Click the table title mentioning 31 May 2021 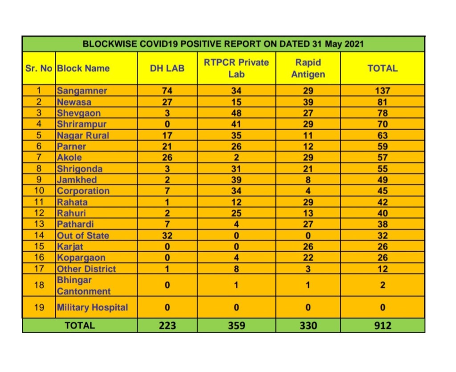pyautogui.click(x=223, y=44)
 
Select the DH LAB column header pyautogui.click(x=167, y=68)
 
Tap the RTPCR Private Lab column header pyautogui.click(x=236, y=68)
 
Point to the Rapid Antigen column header pyautogui.click(x=308, y=68)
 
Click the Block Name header pyautogui.click(x=83, y=68)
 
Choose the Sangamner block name pyautogui.click(x=82, y=91)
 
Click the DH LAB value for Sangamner pyautogui.click(x=167, y=91)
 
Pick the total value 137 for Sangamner pyautogui.click(x=383, y=91)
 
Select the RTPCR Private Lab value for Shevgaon pyautogui.click(x=236, y=113)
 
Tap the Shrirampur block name pyautogui.click(x=81, y=124)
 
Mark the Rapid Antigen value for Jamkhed pyautogui.click(x=308, y=180)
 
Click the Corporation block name pyautogui.click(x=83, y=191)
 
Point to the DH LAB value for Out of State pyautogui.click(x=167, y=236)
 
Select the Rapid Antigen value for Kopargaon pyautogui.click(x=308, y=258)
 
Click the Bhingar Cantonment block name pyautogui.click(x=83, y=286)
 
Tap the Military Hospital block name pyautogui.click(x=92, y=307)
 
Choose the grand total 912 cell pyautogui.click(x=383, y=326)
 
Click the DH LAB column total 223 pyautogui.click(x=167, y=326)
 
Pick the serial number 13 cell pyautogui.click(x=39, y=225)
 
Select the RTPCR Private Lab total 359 pyautogui.click(x=236, y=326)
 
